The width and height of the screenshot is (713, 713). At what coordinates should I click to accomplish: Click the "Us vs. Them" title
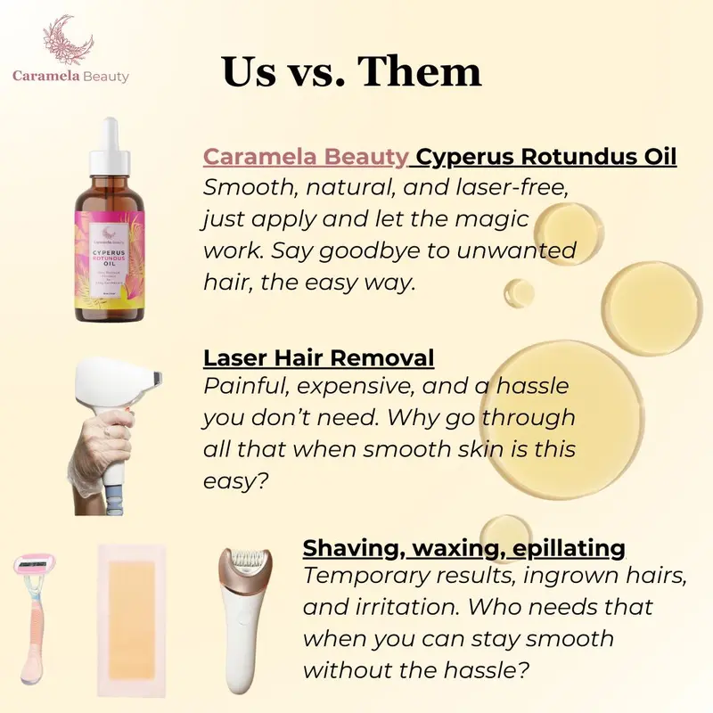(x=351, y=71)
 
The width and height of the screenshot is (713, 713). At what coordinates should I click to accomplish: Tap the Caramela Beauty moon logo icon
(x=71, y=40)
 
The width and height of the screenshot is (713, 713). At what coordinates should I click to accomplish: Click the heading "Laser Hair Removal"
(x=318, y=358)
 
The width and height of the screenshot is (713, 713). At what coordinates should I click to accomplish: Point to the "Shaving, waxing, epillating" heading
(x=463, y=546)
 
